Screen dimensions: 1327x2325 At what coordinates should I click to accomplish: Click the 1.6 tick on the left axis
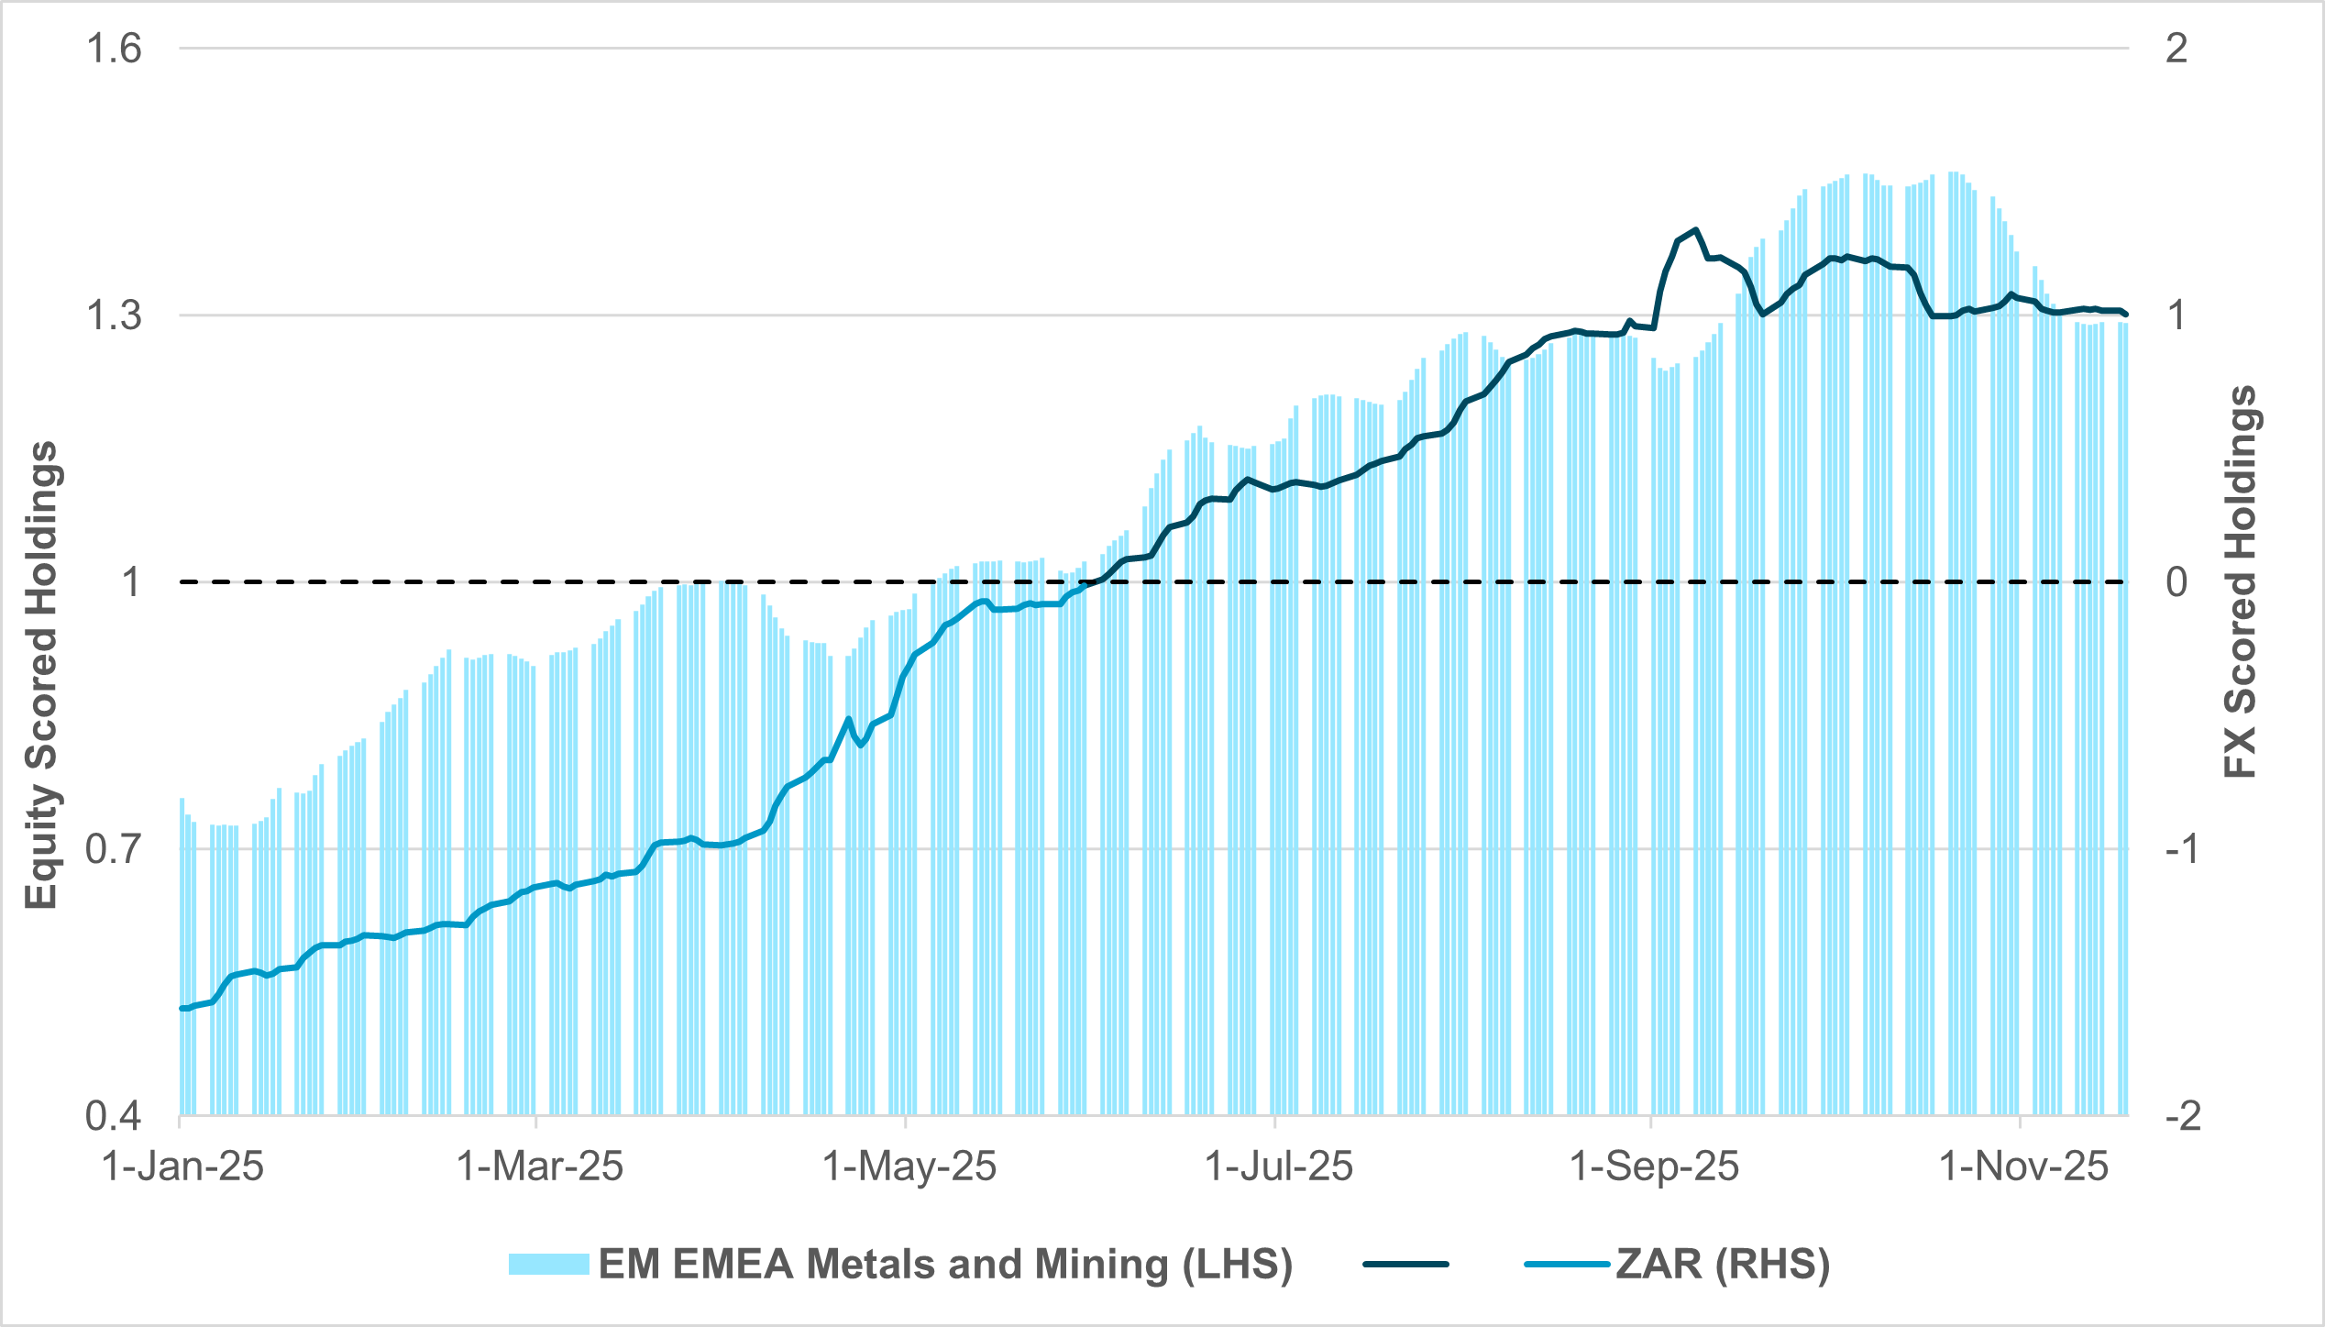pyautogui.click(x=114, y=48)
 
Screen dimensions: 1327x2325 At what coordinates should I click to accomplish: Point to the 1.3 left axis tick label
pyautogui.click(x=114, y=315)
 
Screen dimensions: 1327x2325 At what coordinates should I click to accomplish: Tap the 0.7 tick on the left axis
pyautogui.click(x=114, y=849)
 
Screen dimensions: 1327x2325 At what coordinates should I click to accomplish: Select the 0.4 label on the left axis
pyautogui.click(x=114, y=1116)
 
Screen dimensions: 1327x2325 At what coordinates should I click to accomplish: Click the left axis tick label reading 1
pyautogui.click(x=132, y=582)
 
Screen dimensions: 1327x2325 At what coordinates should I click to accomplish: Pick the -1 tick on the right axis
pyautogui.click(x=2182, y=849)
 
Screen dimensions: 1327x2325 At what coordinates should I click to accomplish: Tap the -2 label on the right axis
pyautogui.click(x=2182, y=1116)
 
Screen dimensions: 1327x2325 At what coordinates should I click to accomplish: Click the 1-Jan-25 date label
pyautogui.click(x=182, y=1167)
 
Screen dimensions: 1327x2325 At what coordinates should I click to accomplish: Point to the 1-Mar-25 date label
pyautogui.click(x=540, y=1167)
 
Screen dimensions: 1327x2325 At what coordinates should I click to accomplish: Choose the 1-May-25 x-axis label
pyautogui.click(x=909, y=1167)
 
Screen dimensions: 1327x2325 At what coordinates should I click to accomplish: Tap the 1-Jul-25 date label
pyautogui.click(x=1279, y=1167)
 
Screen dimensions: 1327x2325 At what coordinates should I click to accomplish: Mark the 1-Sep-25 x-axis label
pyautogui.click(x=1655, y=1167)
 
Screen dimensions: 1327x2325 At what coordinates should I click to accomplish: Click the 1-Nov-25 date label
pyautogui.click(x=2024, y=1167)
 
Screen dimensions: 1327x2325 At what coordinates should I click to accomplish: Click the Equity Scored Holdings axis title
pyautogui.click(x=40, y=676)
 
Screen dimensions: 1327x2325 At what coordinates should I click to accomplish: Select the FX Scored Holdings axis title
pyautogui.click(x=2241, y=582)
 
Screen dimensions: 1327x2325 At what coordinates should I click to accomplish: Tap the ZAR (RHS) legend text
pyautogui.click(x=1723, y=1264)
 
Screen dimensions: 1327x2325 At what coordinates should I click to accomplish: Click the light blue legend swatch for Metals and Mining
pyautogui.click(x=548, y=1264)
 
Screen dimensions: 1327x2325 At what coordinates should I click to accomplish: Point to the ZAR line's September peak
pyautogui.click(x=1697, y=229)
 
